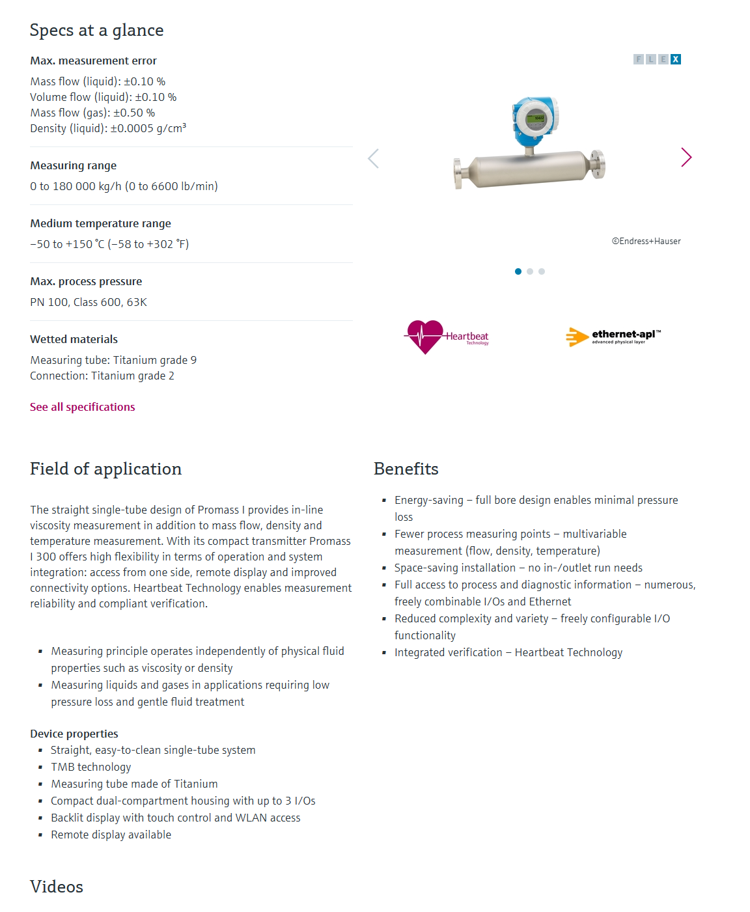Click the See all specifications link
point(83,407)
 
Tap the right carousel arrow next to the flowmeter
point(686,157)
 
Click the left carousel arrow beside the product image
point(373,158)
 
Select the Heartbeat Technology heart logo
point(425,336)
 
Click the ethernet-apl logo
point(613,337)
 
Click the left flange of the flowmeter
point(458,173)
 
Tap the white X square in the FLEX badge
point(676,59)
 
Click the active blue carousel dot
point(518,271)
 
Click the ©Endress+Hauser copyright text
point(646,241)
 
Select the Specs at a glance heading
point(96,31)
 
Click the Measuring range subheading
point(74,165)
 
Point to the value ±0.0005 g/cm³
point(148,128)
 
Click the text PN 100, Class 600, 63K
point(89,302)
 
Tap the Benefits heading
point(406,469)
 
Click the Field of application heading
point(105,469)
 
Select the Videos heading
point(57,887)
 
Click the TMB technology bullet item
point(91,767)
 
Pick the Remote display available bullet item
point(111,835)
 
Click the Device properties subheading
point(74,734)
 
